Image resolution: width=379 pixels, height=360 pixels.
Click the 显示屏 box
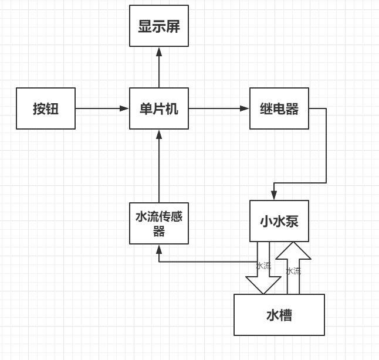[x=159, y=26]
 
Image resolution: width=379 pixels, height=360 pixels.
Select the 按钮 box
[x=46, y=108]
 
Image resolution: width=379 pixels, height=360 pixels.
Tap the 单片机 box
[x=159, y=108]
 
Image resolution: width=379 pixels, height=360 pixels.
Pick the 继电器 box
[x=279, y=108]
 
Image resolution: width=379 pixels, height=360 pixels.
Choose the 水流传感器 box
[x=159, y=223]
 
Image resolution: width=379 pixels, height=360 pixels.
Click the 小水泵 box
[x=279, y=221]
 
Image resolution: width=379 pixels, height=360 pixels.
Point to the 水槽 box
[x=279, y=315]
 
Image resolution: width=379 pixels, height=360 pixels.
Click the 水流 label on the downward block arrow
[x=263, y=266]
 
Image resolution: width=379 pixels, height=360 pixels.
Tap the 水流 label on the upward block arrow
[x=293, y=271]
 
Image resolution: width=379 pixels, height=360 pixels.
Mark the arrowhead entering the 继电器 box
[x=245, y=108]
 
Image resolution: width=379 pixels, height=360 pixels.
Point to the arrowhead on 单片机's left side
[x=125, y=108]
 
